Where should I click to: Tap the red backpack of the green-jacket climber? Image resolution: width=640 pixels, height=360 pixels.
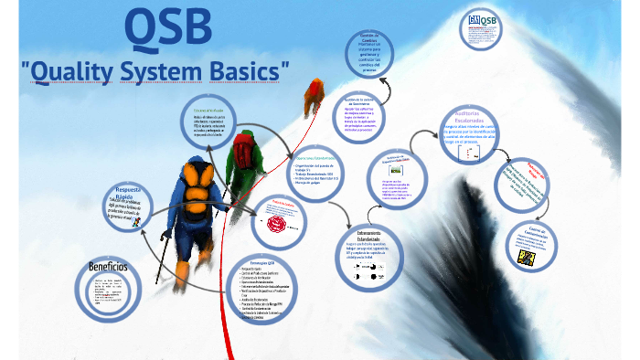[245, 147]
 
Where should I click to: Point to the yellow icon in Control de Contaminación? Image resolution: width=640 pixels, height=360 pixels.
[525, 258]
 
